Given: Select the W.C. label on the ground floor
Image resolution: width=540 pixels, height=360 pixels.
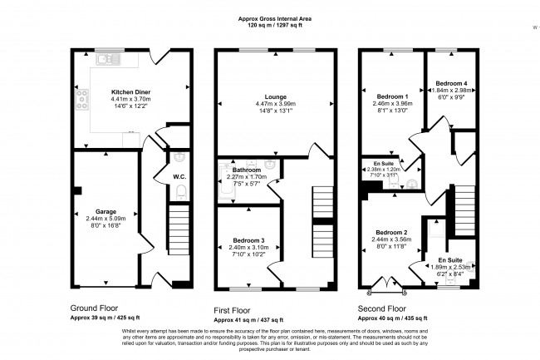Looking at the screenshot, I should [179, 175].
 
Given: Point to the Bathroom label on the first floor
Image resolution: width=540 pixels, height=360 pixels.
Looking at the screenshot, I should [247, 169].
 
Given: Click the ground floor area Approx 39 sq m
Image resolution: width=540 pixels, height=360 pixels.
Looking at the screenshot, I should [105, 317].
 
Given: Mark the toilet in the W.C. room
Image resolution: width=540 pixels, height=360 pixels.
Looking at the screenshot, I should [181, 193].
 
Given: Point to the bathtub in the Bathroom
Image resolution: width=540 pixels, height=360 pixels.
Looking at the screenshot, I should [222, 183].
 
